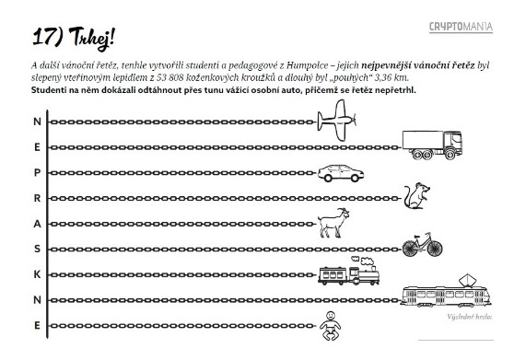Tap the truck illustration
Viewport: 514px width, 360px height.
point(432,145)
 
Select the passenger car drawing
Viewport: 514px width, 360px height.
point(341,173)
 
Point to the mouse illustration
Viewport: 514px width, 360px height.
point(416,195)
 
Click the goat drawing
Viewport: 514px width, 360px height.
point(333,223)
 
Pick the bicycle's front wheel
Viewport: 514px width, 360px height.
point(435,249)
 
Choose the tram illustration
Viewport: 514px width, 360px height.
point(446,292)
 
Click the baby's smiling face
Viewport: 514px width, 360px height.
point(331,317)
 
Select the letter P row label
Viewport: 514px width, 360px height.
point(37,172)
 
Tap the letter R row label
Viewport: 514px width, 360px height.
point(37,198)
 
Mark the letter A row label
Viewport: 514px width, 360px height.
point(37,224)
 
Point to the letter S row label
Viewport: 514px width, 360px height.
point(37,249)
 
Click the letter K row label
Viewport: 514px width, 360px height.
point(37,274)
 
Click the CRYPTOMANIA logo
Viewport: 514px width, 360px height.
point(461,27)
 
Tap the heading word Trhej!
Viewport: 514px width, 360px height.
point(92,39)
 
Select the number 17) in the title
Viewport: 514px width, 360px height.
point(48,37)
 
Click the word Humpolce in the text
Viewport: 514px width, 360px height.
point(307,65)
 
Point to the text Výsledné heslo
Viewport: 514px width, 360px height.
point(470,317)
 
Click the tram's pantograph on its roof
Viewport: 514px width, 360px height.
point(467,281)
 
